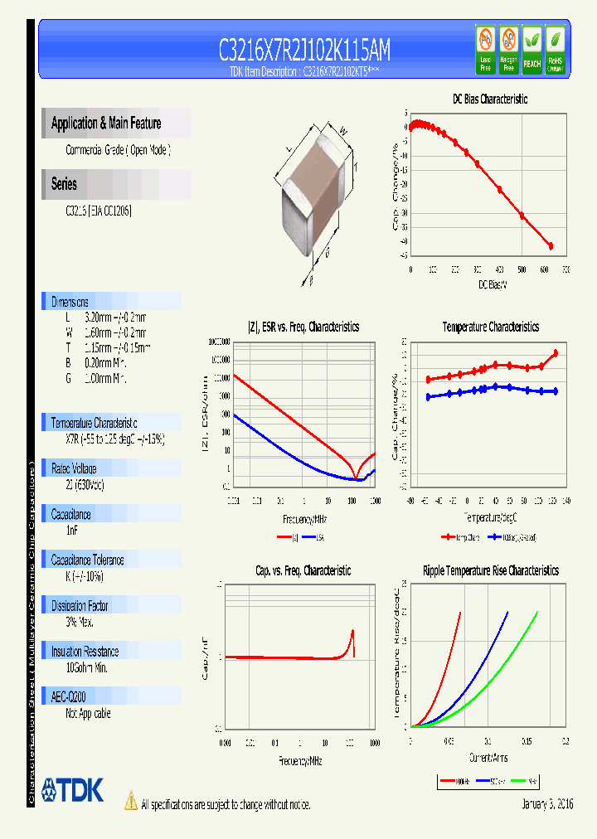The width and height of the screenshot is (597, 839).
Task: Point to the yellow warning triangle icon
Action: click(x=130, y=801)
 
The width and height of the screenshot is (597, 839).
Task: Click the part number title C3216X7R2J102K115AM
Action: click(x=304, y=51)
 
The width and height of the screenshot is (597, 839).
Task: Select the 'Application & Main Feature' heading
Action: click(x=106, y=124)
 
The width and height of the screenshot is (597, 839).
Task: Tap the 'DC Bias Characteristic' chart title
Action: click(x=489, y=99)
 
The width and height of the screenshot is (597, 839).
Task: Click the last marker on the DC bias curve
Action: click(x=550, y=245)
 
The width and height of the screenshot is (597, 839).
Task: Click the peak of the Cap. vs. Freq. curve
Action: click(x=352, y=632)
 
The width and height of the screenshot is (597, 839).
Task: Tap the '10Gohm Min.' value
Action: click(x=86, y=667)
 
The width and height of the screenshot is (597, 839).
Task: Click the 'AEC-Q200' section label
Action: click(x=69, y=697)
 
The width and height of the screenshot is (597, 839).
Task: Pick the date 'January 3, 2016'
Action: click(x=547, y=804)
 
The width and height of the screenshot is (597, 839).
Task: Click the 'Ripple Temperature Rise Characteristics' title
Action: click(x=490, y=570)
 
